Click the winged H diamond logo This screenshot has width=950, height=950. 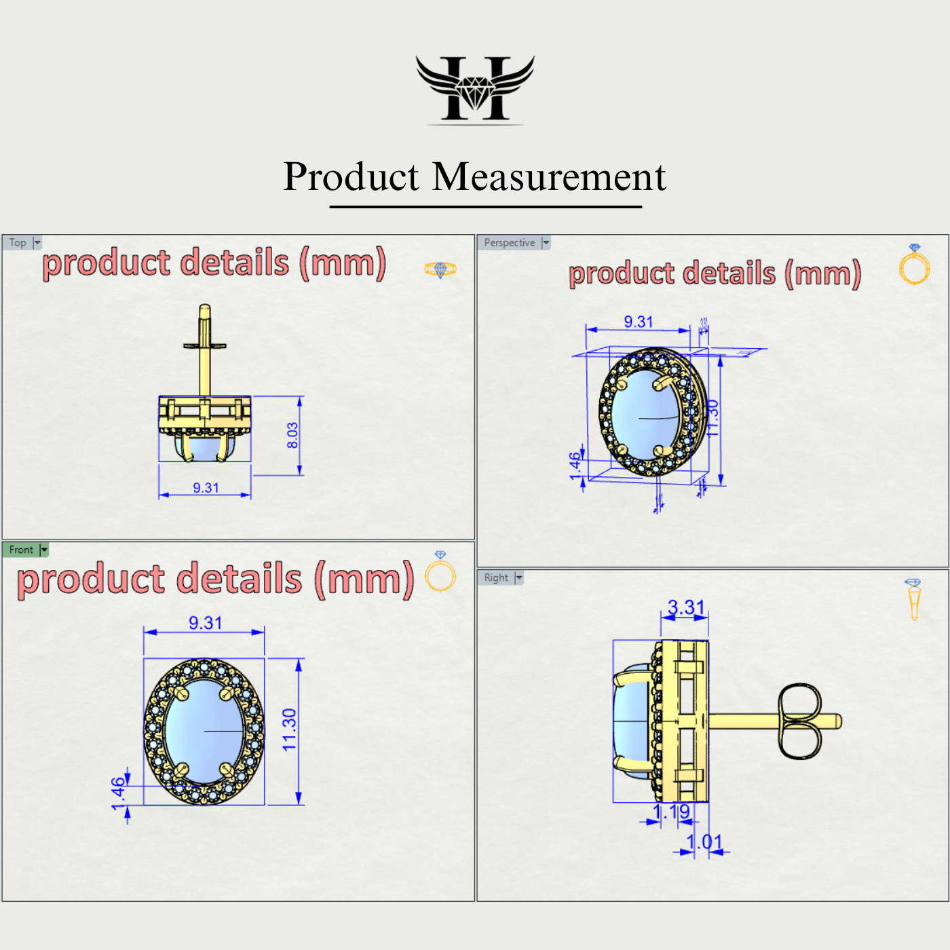[x=475, y=89]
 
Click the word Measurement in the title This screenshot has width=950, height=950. [x=549, y=177]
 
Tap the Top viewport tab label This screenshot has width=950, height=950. [x=18, y=243]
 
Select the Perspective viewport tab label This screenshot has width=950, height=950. [x=509, y=243]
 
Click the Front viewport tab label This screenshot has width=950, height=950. [x=21, y=550]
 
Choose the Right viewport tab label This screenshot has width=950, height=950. [x=496, y=577]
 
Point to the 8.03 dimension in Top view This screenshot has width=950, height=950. [x=292, y=436]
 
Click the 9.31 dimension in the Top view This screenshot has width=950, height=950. [x=206, y=488]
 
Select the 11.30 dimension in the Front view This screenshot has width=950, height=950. [x=290, y=730]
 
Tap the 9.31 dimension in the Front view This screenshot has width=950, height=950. [x=205, y=623]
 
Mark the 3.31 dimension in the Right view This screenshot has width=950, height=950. [x=686, y=607]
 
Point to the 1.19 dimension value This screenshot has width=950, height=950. [x=671, y=812]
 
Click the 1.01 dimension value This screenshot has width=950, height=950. [x=704, y=842]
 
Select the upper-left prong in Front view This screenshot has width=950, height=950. [x=181, y=693]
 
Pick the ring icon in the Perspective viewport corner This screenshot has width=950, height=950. [x=914, y=265]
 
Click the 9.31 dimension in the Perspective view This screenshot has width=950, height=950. [x=639, y=322]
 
